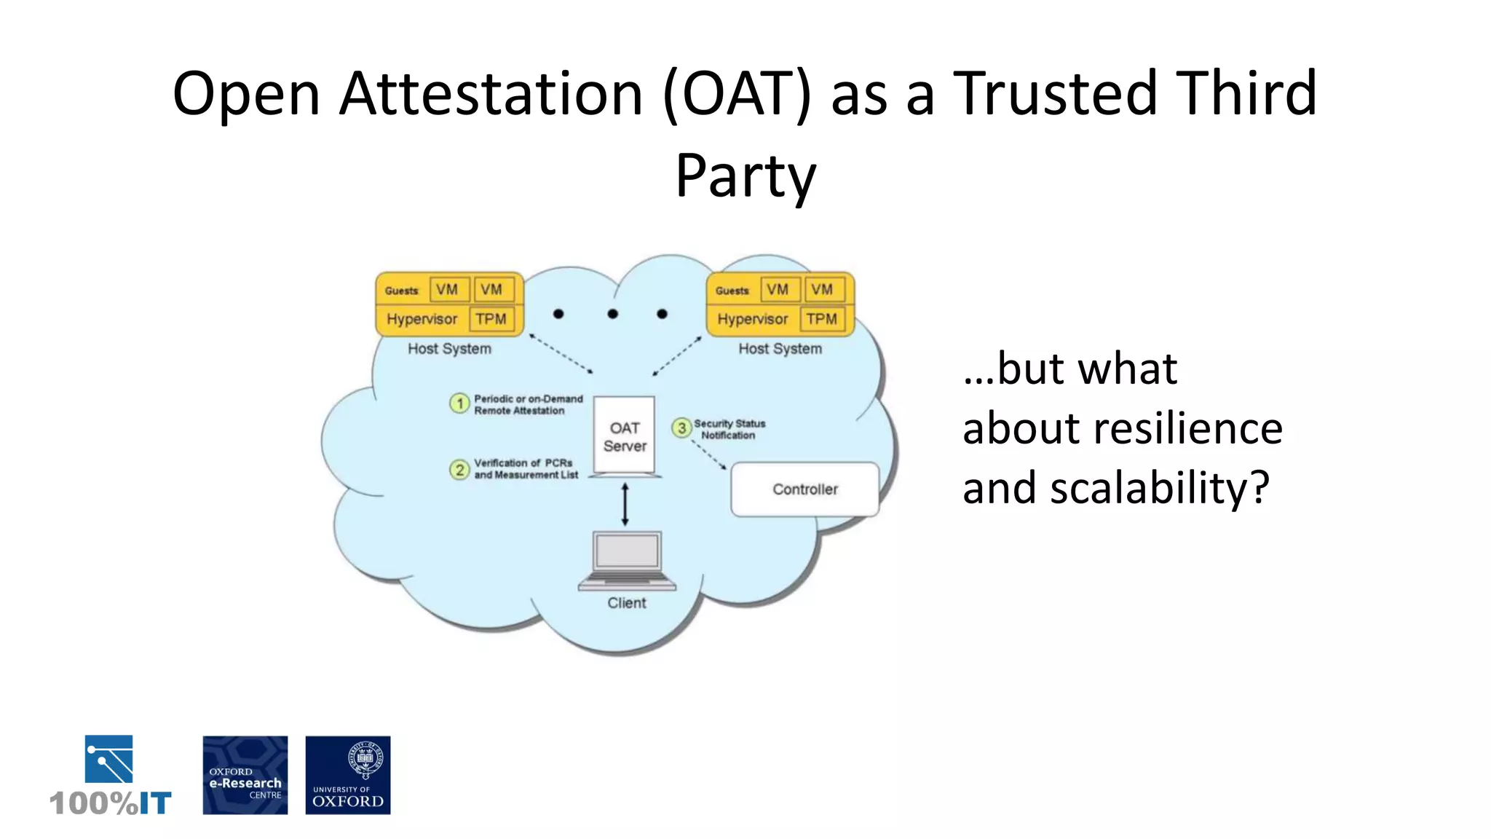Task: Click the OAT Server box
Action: pyautogui.click(x=625, y=436)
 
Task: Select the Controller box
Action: pyautogui.click(x=804, y=489)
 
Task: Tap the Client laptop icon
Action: pyautogui.click(x=627, y=561)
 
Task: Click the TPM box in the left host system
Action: pyautogui.click(x=491, y=319)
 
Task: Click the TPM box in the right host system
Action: pyautogui.click(x=822, y=319)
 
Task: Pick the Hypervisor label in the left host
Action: pyautogui.click(x=422, y=319)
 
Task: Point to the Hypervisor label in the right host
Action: pyautogui.click(x=752, y=319)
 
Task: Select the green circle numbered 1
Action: pyautogui.click(x=459, y=403)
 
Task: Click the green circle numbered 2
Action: pyautogui.click(x=459, y=470)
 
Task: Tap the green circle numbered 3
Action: pyautogui.click(x=681, y=428)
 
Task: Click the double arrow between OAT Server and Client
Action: pyautogui.click(x=625, y=504)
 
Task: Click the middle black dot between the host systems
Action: pyautogui.click(x=613, y=314)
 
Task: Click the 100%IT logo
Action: pyautogui.click(x=110, y=776)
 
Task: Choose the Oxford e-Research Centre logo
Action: pyautogui.click(x=245, y=775)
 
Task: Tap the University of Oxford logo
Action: pyautogui.click(x=348, y=775)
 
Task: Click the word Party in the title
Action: pyautogui.click(x=745, y=176)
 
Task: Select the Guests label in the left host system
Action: pyautogui.click(x=402, y=291)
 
